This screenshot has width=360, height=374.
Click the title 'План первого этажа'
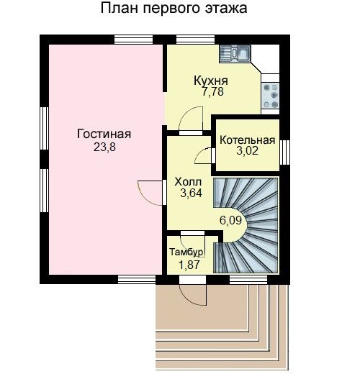coord(174,9)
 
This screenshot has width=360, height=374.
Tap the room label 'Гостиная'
coord(104,134)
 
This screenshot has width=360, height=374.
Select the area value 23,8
coord(104,147)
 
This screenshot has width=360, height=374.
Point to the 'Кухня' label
coord(211,81)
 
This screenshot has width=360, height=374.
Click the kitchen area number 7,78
coord(212,92)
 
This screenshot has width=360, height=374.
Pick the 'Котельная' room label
coord(248,140)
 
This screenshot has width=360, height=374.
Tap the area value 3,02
coord(248,151)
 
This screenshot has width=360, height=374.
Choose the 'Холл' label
coord(188,182)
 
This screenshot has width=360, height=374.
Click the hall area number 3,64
coord(192,193)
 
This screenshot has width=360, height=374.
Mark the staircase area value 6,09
coord(230,220)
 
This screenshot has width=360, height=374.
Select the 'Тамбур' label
coord(186,252)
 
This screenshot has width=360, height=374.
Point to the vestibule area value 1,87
coord(189,265)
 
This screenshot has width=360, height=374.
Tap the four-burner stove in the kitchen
coord(271,96)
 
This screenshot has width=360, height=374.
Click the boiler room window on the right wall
coord(284,152)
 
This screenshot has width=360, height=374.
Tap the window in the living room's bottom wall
coord(137,280)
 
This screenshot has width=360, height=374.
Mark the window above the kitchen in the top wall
coord(195,40)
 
